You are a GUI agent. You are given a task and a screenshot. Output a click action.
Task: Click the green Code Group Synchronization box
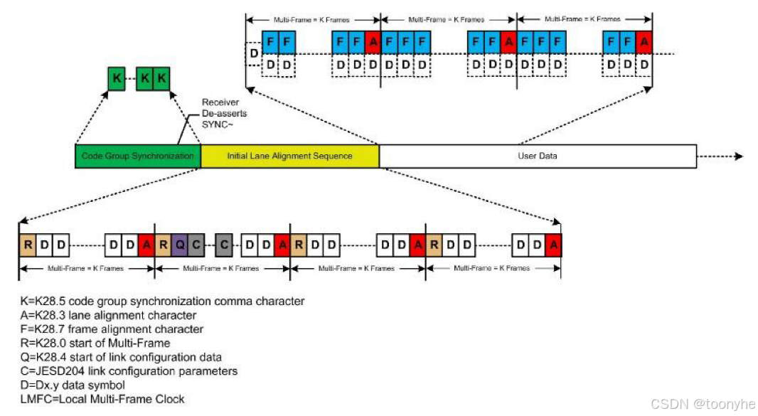coord(137,156)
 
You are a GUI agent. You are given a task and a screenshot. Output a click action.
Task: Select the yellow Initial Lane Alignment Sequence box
coord(289,156)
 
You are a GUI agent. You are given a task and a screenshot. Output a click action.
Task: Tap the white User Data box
coord(537,156)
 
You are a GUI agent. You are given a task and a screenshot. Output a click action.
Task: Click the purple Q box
coord(180,245)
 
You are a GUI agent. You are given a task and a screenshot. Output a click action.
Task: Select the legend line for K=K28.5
coord(162,301)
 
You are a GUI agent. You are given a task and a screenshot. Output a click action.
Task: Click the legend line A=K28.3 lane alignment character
coord(108,315)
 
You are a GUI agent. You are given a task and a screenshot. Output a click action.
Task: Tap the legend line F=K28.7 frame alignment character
coord(112,329)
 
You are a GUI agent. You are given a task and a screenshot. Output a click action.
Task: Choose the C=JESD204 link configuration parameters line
coord(129,371)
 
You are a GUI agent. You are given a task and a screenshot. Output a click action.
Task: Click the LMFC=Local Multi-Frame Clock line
coord(102,399)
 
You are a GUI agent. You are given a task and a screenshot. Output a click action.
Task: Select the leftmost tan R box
coord(27,245)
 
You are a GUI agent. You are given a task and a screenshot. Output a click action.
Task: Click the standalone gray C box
coord(223,245)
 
